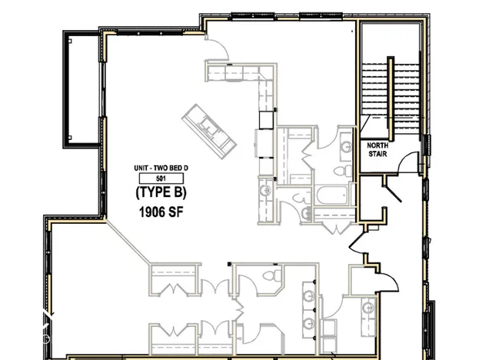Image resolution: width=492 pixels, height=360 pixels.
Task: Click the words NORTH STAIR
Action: coord(376,149)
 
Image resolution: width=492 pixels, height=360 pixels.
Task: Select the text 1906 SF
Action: coord(159,210)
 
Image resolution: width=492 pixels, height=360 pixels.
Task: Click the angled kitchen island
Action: coord(207,128)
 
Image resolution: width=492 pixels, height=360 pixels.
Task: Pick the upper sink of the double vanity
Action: coord(308,297)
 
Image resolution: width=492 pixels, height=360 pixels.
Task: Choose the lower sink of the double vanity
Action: coord(308,323)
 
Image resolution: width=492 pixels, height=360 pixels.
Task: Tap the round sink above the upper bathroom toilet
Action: coord(344,142)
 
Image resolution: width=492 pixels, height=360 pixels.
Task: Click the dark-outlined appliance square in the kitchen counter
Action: coord(266,119)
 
